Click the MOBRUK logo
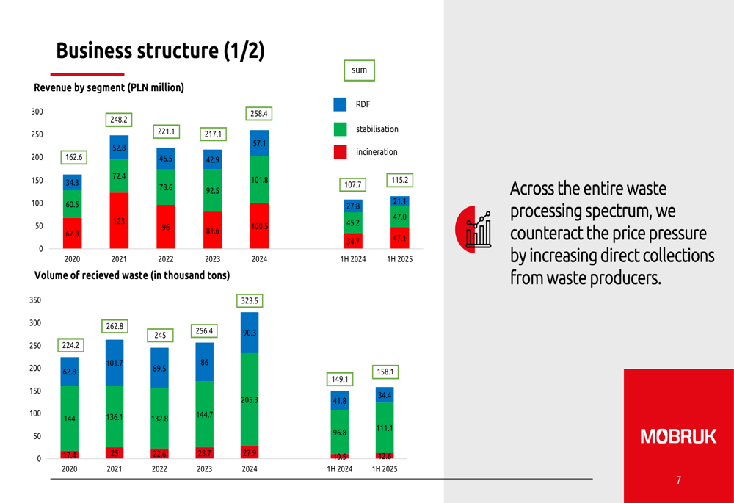click(678, 436)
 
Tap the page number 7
click(678, 480)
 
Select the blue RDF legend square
click(340, 104)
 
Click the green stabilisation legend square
click(340, 129)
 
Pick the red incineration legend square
click(340, 152)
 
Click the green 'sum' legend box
click(359, 70)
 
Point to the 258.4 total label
click(259, 113)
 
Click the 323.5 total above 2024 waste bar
click(250, 300)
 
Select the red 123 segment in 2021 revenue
click(119, 220)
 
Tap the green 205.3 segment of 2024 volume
click(250, 399)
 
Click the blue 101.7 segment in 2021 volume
click(115, 363)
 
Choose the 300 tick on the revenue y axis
click(37, 112)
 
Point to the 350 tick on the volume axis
click(35, 300)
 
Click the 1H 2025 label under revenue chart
click(400, 259)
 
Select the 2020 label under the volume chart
click(69, 468)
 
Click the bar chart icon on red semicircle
click(479, 230)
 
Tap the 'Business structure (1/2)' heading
click(161, 51)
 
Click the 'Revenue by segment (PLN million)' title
click(109, 87)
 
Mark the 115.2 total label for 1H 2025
click(400, 180)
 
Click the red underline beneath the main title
click(87, 74)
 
